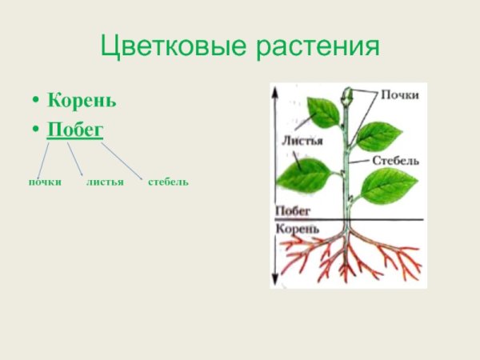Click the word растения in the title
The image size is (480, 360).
pos(318,46)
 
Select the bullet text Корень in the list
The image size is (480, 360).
pos(82,102)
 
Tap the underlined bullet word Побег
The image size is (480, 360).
pos(75,130)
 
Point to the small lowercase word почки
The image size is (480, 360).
pos(45,182)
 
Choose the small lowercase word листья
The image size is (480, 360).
pos(105,182)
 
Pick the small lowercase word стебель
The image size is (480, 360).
pos(168,182)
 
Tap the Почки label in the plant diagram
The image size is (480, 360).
pos(399,94)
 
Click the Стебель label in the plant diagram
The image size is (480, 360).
pos(395,160)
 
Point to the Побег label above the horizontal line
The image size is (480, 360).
pos(292,212)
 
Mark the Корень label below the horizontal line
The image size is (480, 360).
pos(297,229)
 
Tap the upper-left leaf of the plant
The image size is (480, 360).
pos(323,112)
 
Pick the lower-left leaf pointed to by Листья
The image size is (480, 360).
pos(304,174)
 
